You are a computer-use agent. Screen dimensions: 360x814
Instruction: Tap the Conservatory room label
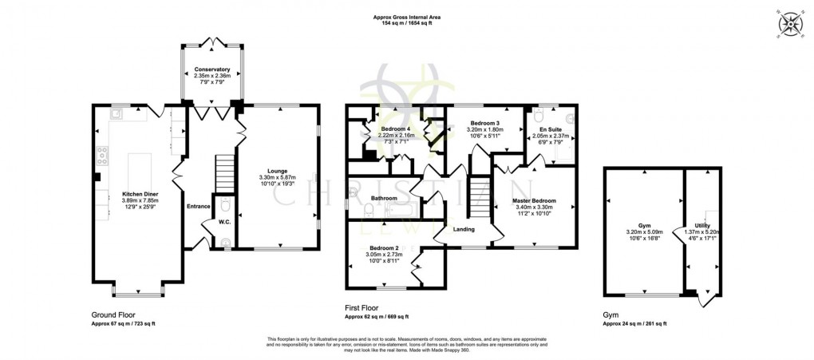[211, 70]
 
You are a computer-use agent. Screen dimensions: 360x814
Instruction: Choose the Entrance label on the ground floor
[198, 206]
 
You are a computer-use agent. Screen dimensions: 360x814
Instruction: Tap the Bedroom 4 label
[396, 129]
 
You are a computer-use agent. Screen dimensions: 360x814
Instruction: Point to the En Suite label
[548, 129]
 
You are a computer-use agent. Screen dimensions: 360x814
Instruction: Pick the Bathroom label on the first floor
[385, 197]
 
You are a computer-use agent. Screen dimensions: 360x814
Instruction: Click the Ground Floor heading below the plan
[114, 316]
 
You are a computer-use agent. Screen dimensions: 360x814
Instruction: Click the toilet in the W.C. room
[225, 208]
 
